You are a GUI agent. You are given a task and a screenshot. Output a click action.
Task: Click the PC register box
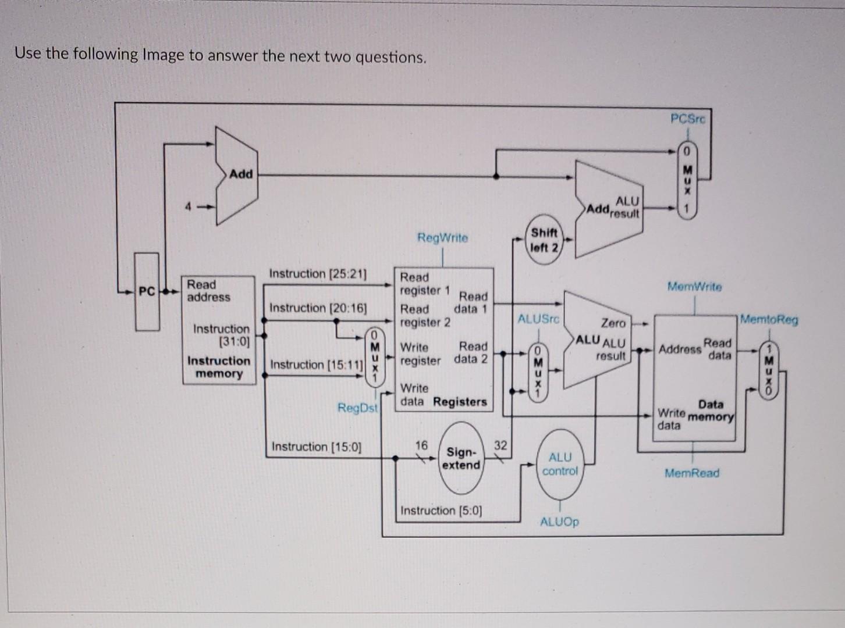click(x=147, y=291)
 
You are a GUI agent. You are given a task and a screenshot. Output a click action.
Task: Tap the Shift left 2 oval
click(x=544, y=240)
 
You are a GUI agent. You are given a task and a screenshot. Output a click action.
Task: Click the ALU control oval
click(x=560, y=464)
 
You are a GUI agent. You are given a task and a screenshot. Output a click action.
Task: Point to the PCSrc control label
click(x=687, y=119)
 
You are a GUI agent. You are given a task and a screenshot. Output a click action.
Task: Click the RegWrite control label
click(x=442, y=238)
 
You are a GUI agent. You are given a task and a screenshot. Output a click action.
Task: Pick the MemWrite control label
click(x=694, y=287)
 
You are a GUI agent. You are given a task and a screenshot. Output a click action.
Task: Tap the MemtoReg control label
click(x=769, y=319)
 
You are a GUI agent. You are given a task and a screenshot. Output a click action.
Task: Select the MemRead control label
click(x=692, y=473)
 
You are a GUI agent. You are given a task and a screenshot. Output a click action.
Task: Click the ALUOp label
click(x=559, y=522)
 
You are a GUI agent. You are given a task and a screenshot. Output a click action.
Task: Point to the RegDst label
click(x=357, y=408)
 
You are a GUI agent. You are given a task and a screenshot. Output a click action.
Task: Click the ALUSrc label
click(x=538, y=319)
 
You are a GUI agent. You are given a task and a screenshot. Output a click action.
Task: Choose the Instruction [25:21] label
click(x=318, y=273)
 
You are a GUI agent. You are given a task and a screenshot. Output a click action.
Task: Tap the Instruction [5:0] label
click(x=441, y=511)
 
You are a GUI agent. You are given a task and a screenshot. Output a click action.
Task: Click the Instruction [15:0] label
click(x=316, y=447)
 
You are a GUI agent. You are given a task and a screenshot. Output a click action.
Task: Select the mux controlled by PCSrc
click(x=687, y=180)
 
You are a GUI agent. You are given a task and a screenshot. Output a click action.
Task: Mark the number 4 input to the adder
click(x=188, y=206)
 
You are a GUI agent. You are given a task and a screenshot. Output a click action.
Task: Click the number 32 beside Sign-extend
click(x=500, y=445)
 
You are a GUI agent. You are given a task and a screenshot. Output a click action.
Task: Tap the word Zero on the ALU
click(x=613, y=323)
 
